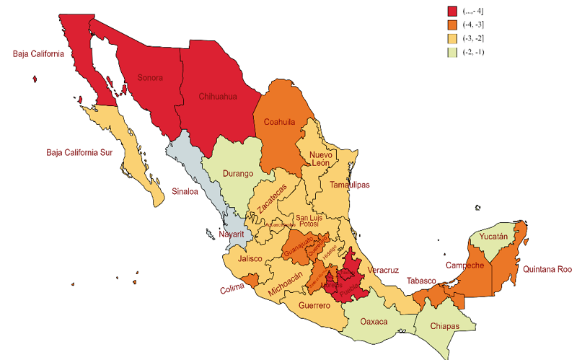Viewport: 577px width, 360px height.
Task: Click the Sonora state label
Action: (x=150, y=78)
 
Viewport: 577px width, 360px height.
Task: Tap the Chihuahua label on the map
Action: (x=219, y=95)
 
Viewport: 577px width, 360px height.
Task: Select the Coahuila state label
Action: (x=279, y=122)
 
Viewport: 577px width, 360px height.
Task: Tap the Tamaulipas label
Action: (x=349, y=185)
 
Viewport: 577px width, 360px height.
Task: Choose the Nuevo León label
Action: (x=320, y=159)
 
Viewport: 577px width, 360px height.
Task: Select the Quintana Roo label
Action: (x=547, y=269)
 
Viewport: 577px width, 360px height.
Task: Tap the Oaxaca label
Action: (x=374, y=320)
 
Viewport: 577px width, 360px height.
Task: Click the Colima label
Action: (x=233, y=290)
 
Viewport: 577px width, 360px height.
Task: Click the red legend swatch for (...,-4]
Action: (x=453, y=11)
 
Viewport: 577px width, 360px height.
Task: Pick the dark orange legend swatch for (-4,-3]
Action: (x=453, y=25)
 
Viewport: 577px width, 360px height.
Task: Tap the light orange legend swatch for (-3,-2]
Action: (x=453, y=40)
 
